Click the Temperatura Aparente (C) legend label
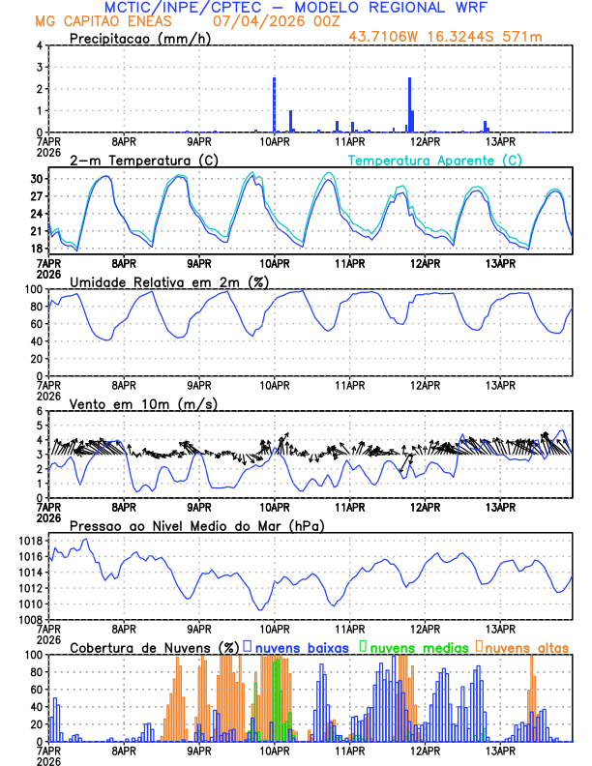(x=435, y=160)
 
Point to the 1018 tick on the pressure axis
(x=29, y=541)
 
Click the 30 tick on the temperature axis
(x=35, y=180)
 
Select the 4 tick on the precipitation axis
(x=38, y=45)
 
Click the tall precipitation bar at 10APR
(x=275, y=104)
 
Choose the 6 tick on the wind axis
(x=38, y=411)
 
